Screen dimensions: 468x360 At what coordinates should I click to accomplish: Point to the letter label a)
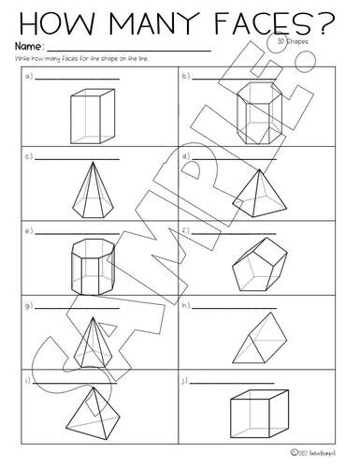(x=30, y=79)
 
